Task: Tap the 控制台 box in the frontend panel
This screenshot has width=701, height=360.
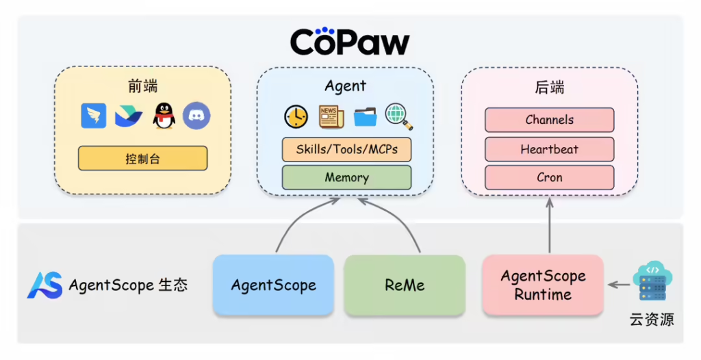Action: [142, 159]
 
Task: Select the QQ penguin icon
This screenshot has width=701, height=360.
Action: [164, 116]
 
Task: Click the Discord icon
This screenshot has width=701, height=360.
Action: [196, 116]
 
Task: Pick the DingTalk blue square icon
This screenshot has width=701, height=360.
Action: [94, 116]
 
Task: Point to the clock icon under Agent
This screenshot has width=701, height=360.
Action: [296, 117]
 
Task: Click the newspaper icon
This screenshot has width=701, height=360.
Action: [331, 117]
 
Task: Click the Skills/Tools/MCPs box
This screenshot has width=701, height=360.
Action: [346, 149]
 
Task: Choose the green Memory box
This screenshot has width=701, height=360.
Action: [346, 177]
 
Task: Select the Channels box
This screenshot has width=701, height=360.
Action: [549, 120]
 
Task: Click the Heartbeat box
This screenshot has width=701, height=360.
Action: [549, 149]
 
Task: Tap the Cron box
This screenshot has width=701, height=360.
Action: [549, 178]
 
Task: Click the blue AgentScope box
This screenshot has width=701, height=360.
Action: [273, 285]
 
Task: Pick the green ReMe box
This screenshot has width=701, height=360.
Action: [405, 285]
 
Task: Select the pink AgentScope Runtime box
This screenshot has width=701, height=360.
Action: [543, 285]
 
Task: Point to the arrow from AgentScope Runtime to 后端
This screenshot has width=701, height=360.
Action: [549, 226]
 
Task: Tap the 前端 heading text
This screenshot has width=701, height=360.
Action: [142, 86]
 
